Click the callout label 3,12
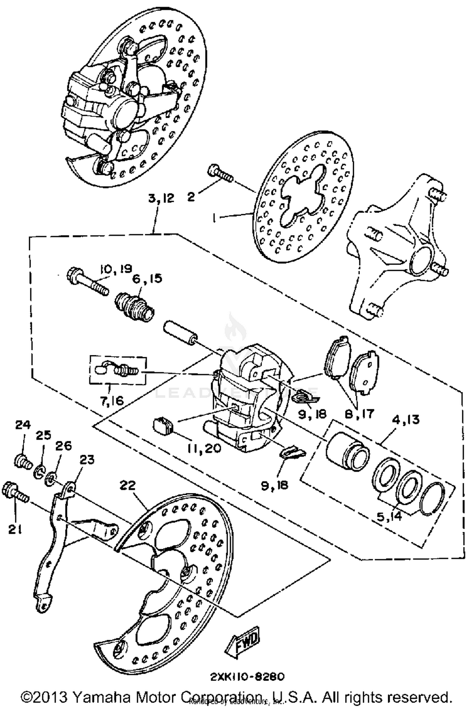coord(161,198)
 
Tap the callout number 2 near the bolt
coord(191,197)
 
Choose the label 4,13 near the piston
coord(406,420)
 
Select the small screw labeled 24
coord(23,462)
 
